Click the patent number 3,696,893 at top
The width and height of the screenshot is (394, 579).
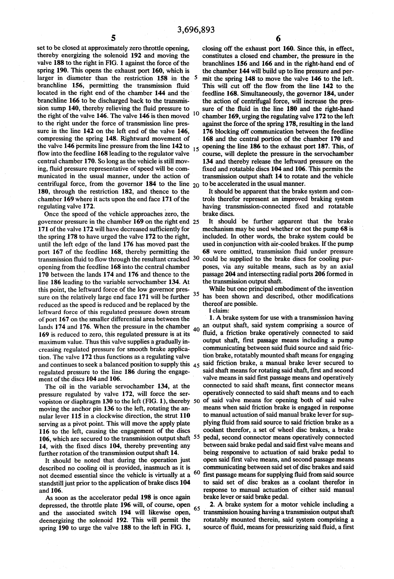196,30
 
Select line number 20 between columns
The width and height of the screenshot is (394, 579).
196,185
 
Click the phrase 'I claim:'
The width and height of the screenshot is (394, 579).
220,310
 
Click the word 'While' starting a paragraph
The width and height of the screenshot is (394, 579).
217,289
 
